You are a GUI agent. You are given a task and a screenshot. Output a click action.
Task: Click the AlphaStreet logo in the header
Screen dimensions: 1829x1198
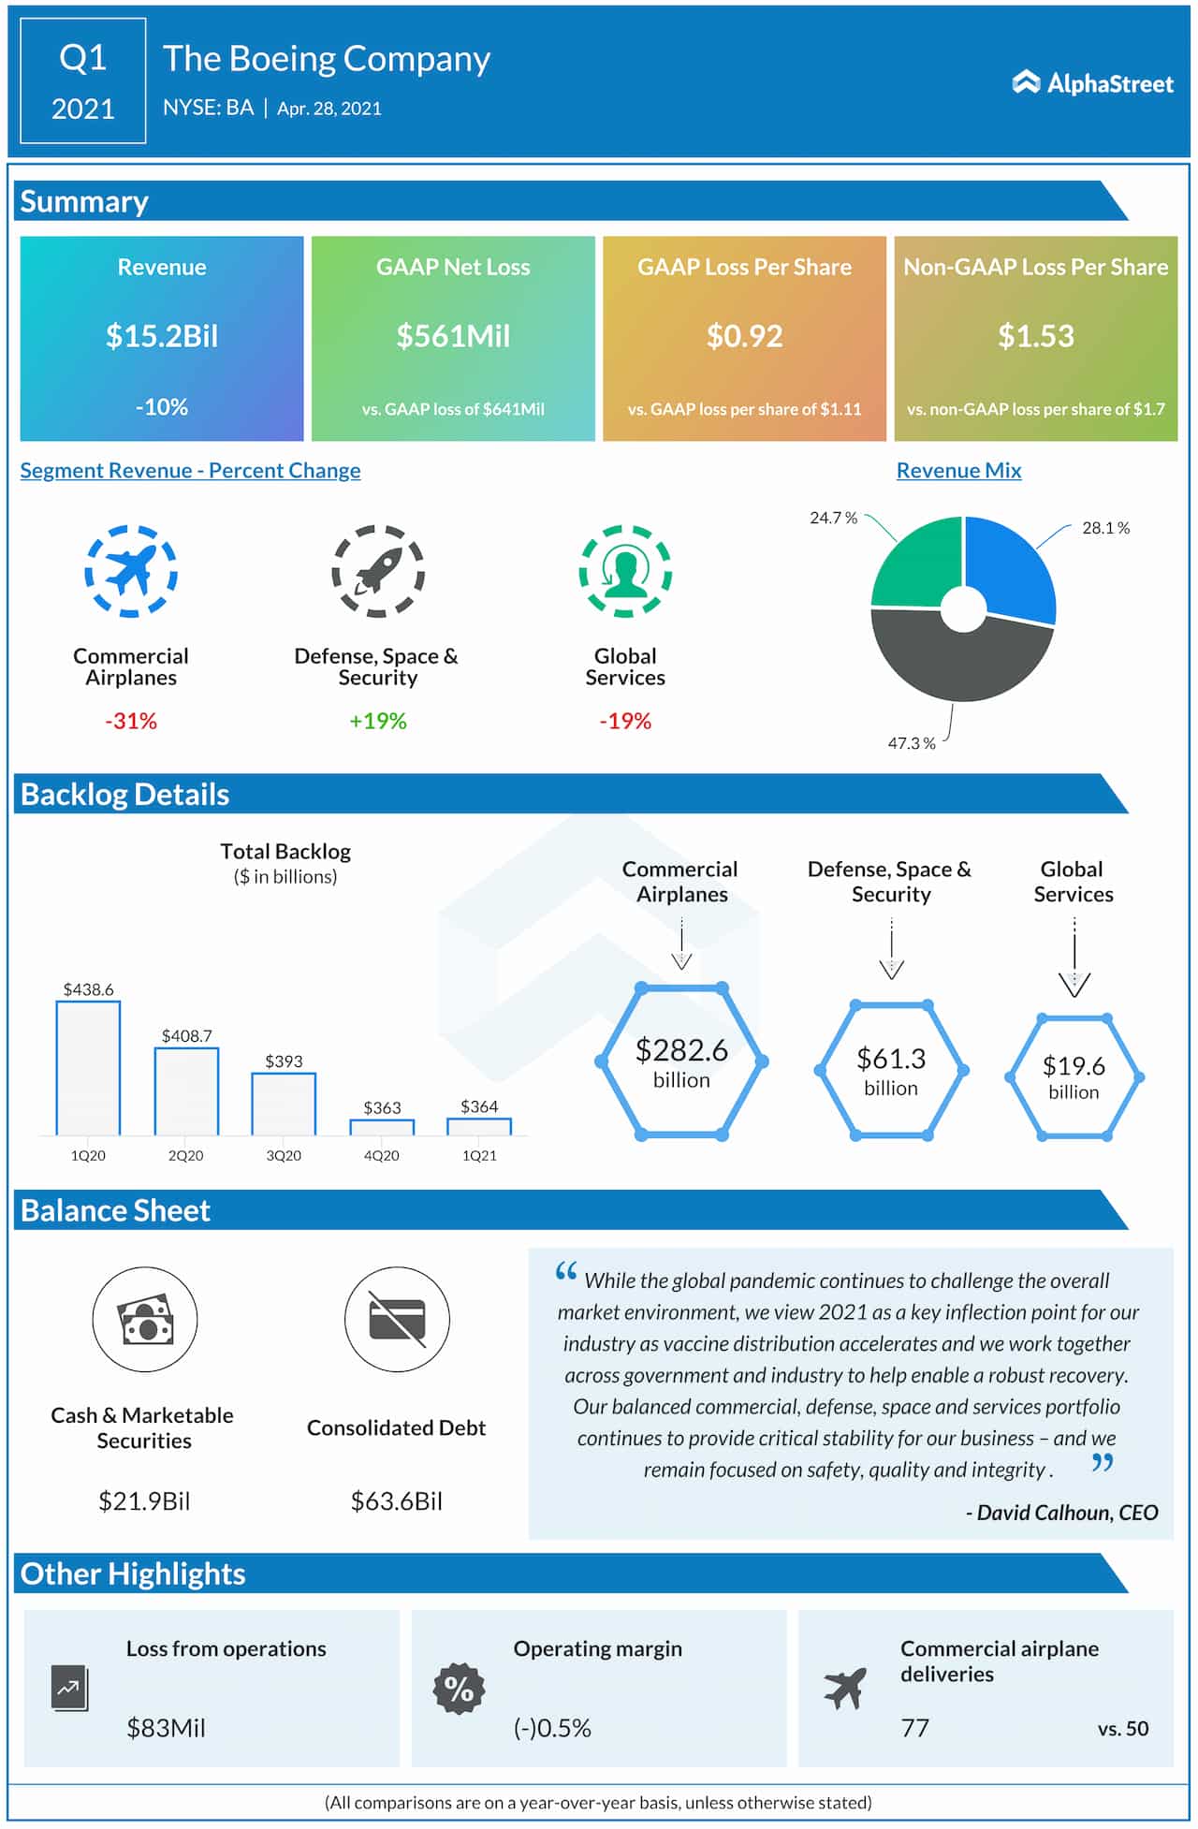tap(1092, 83)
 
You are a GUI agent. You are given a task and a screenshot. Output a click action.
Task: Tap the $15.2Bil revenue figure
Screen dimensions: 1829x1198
tap(162, 336)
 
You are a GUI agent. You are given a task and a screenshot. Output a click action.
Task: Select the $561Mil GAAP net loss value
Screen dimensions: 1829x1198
tap(453, 336)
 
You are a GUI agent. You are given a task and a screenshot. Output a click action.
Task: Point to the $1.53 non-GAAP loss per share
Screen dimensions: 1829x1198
tap(1035, 336)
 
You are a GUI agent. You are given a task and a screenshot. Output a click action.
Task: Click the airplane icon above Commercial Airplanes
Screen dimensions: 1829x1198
tap(131, 571)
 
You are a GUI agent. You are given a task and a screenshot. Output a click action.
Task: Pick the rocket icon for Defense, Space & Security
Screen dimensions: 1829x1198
tap(378, 571)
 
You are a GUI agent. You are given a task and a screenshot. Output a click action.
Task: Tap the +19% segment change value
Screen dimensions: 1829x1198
tap(378, 721)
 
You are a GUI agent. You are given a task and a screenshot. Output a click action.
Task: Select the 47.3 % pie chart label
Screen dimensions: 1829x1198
tap(912, 743)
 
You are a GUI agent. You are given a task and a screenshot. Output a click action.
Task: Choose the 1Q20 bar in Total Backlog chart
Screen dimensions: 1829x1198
tap(88, 1068)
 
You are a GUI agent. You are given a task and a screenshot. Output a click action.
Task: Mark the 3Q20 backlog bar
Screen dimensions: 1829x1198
tap(284, 1105)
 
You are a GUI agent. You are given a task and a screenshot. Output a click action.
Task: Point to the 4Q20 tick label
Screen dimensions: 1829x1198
tap(382, 1156)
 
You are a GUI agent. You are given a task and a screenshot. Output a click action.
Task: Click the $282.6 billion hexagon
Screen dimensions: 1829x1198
tap(681, 1061)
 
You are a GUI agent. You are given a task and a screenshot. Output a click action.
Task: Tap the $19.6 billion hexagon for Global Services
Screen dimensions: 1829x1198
tap(1074, 1076)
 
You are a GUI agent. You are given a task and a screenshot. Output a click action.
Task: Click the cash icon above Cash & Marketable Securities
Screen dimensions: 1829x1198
tap(145, 1319)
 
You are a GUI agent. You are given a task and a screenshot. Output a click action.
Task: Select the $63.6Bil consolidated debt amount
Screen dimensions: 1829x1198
tap(397, 1500)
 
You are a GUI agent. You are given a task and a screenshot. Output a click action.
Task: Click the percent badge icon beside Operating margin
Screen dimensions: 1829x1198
tap(459, 1689)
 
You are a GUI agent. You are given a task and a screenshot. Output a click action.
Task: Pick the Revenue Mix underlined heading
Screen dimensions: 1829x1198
tap(958, 471)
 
